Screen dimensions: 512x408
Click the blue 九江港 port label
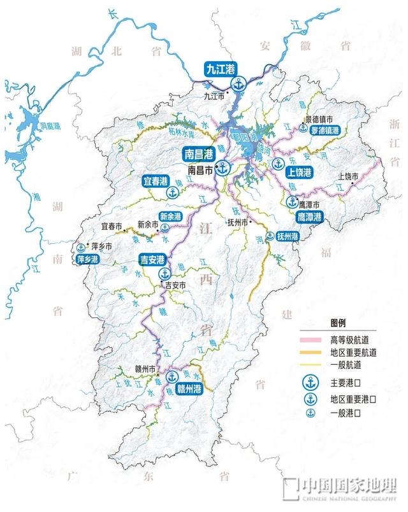(x=218, y=68)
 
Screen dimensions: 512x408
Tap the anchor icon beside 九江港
(x=238, y=83)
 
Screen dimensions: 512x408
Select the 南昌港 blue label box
(x=198, y=153)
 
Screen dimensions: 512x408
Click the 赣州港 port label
(x=190, y=388)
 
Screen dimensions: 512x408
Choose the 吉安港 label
(x=152, y=259)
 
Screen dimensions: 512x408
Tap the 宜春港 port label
(x=156, y=181)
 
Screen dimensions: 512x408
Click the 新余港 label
(x=170, y=217)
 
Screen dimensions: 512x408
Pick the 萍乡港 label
(x=85, y=260)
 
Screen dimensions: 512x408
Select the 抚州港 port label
(x=288, y=236)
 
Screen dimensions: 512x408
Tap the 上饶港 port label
(x=299, y=173)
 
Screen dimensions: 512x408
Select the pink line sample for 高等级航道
(x=312, y=338)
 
